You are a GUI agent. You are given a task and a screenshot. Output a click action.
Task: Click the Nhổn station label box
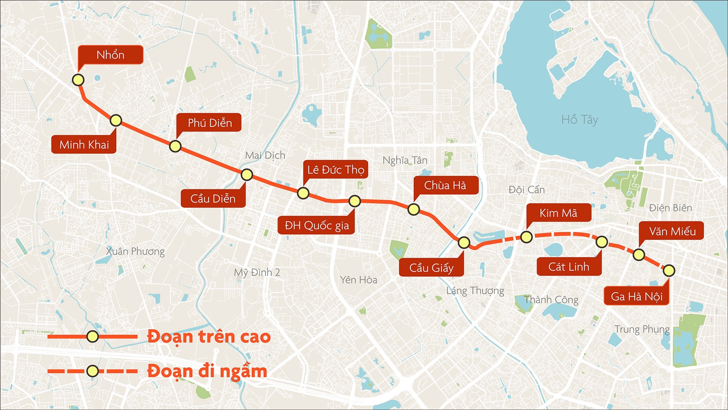tap(110, 55)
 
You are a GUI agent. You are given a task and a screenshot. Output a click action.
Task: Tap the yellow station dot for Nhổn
tap(78, 80)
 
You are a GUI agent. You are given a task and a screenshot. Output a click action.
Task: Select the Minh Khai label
tap(84, 145)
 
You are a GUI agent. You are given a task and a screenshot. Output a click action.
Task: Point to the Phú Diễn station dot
tap(175, 146)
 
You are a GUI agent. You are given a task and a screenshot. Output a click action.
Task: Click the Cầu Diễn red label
tap(213, 198)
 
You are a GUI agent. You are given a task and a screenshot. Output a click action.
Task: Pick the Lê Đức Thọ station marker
tap(303, 193)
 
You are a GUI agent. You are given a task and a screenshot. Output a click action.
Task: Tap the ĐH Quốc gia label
tap(317, 225)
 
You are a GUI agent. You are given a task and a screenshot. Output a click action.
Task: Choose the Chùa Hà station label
tap(445, 185)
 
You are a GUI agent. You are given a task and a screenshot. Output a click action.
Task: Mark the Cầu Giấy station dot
tap(464, 243)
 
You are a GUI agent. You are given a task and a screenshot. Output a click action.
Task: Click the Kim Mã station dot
tap(526, 237)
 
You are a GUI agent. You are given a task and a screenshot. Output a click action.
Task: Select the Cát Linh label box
tap(569, 267)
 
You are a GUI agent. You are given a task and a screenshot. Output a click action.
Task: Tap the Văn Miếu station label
tap(672, 231)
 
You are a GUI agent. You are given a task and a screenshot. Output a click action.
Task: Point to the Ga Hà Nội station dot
tap(669, 271)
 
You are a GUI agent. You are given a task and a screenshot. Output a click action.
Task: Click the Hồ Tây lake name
tap(579, 120)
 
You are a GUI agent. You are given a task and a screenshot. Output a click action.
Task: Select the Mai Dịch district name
tap(265, 155)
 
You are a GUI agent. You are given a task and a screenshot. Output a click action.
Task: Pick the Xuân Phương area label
tap(135, 251)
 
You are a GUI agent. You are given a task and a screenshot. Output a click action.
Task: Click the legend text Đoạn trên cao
tap(209, 337)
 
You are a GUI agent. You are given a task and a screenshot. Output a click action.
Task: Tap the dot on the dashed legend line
tap(93, 371)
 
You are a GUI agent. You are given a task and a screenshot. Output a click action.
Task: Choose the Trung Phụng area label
tap(642, 329)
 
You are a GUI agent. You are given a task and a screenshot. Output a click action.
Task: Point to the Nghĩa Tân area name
tap(405, 160)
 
